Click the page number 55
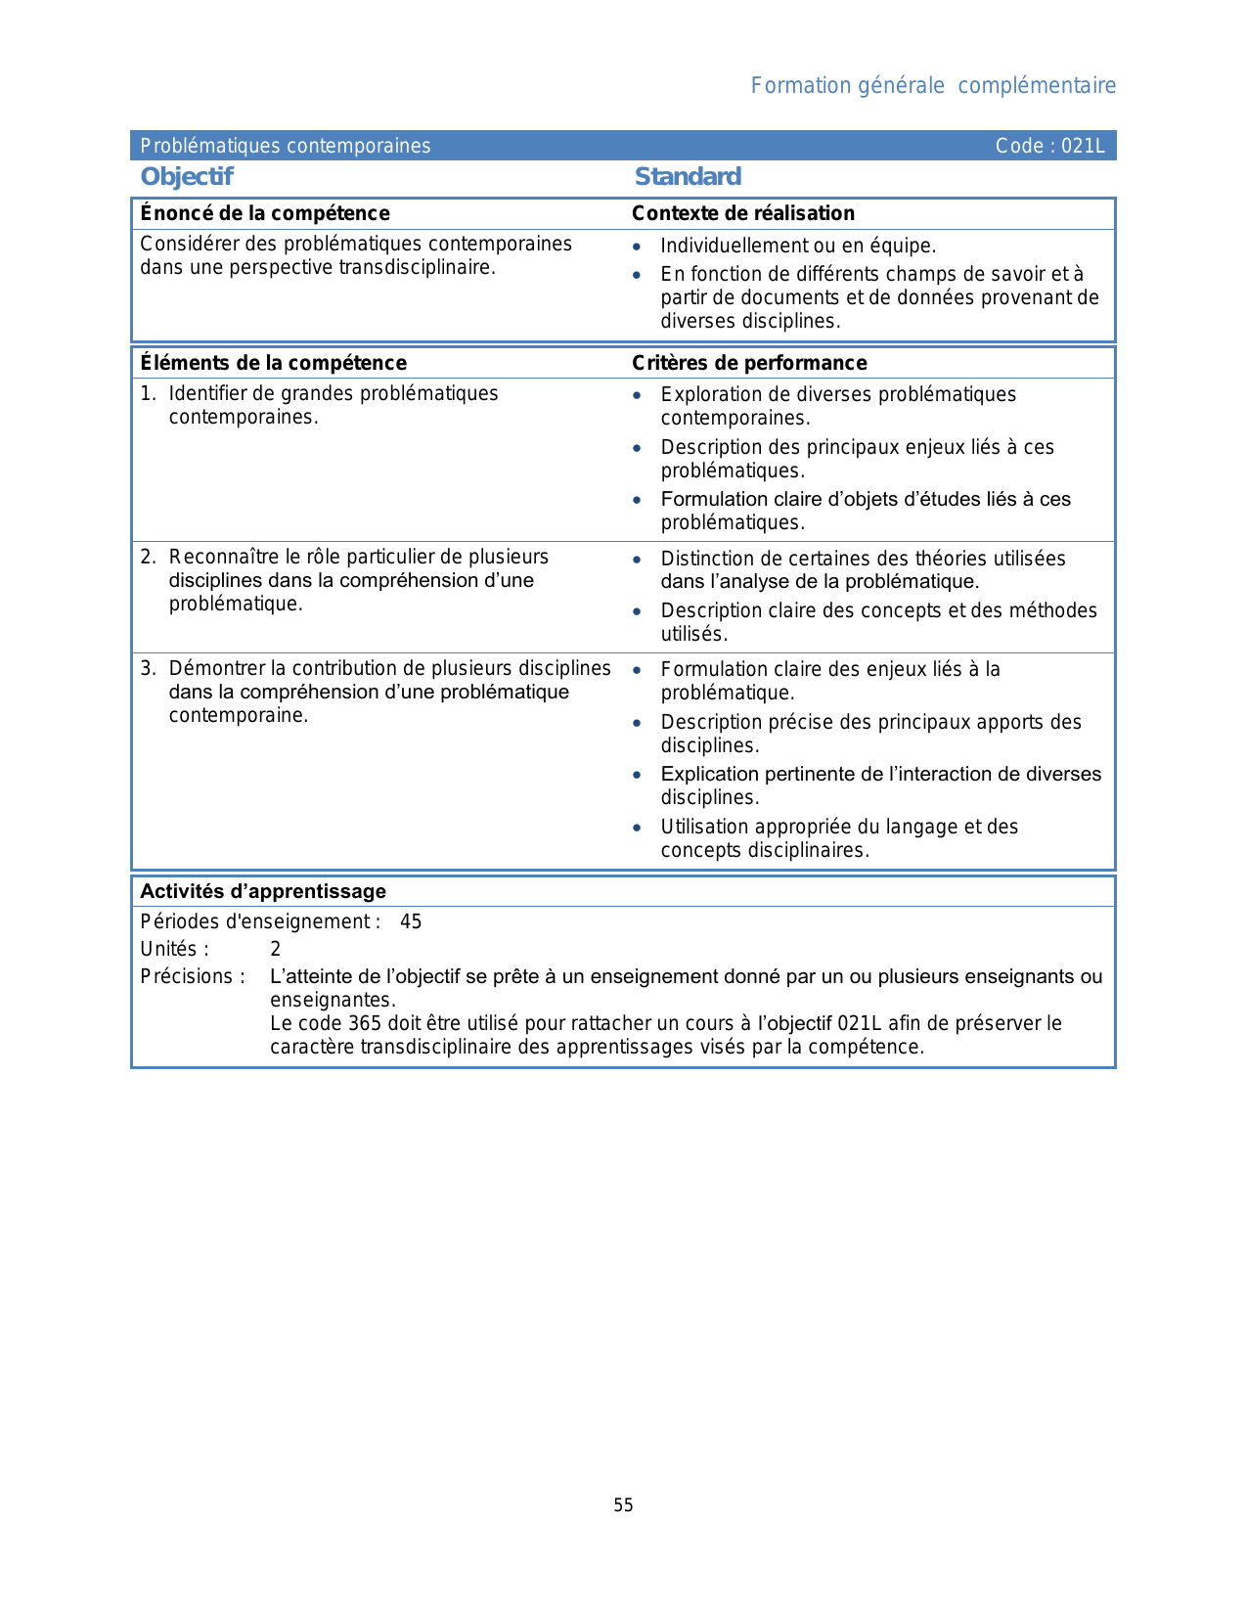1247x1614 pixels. pyautogui.click(x=623, y=1505)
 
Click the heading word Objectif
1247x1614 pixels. pyautogui.click(x=187, y=177)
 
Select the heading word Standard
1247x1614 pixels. pyautogui.click(x=688, y=177)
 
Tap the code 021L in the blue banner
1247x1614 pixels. pyautogui.click(x=1083, y=147)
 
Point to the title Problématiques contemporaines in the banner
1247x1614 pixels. pyautogui.click(x=285, y=147)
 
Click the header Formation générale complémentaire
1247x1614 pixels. pyautogui.click(x=933, y=86)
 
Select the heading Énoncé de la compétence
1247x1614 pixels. pyautogui.click(x=265, y=213)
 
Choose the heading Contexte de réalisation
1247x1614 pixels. pyautogui.click(x=743, y=213)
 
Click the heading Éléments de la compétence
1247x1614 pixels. pyautogui.click(x=274, y=363)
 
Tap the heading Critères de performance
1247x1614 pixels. pyautogui.click(x=749, y=363)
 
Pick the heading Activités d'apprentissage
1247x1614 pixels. pyautogui.click(x=263, y=891)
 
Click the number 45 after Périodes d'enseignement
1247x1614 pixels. pyautogui.click(x=411, y=921)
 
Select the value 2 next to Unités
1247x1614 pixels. pyautogui.click(x=276, y=949)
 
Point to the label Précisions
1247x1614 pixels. pyautogui.click(x=192, y=976)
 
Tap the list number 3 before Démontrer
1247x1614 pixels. pyautogui.click(x=147, y=668)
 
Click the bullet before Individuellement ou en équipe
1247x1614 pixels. pyautogui.click(x=637, y=247)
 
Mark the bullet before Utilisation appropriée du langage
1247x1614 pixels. pyautogui.click(x=637, y=828)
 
